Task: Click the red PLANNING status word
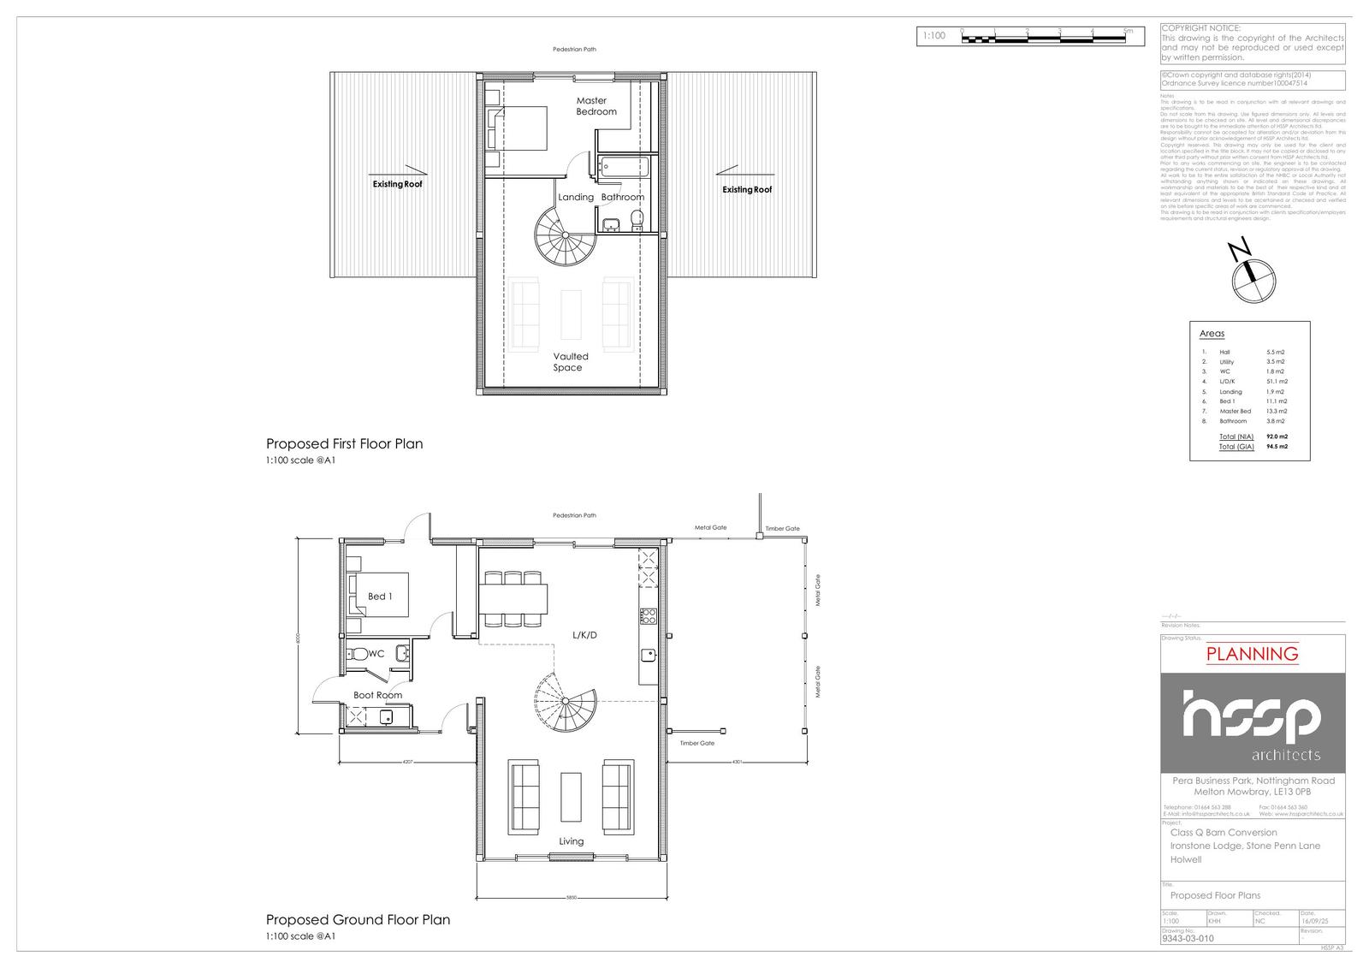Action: coord(1252,654)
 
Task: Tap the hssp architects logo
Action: coord(1252,723)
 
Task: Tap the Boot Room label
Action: coord(377,695)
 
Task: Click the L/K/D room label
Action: coord(584,635)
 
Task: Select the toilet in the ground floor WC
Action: coord(359,654)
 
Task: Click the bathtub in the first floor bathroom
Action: coord(624,167)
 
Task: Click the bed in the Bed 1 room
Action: coord(377,595)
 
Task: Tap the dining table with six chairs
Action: coord(513,598)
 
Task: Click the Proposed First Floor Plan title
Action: coord(344,443)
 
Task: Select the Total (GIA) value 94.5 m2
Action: coord(1277,447)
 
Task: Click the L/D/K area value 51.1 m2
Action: coord(1277,382)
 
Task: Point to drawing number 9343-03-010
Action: coord(1188,938)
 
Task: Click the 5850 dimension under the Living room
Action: coord(572,898)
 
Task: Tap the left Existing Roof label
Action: coord(397,184)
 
